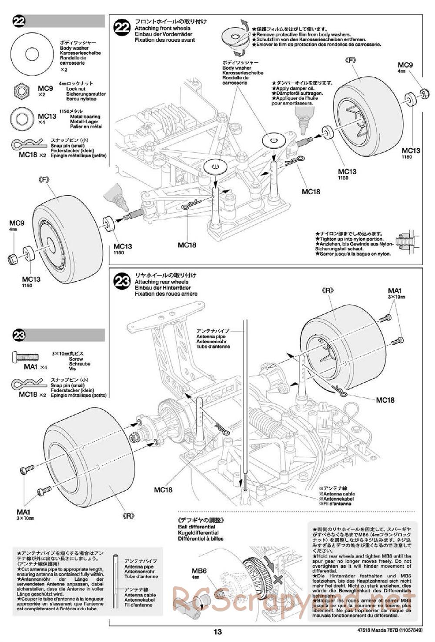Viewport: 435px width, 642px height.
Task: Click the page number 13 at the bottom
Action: [x=218, y=632]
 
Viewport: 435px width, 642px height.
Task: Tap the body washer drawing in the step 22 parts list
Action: [x=31, y=54]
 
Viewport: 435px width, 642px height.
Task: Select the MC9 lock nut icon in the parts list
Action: [x=21, y=90]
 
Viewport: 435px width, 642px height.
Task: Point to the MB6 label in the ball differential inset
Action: [x=199, y=571]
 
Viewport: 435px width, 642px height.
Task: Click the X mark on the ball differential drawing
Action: [x=278, y=579]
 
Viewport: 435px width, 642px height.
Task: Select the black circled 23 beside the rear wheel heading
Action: [x=121, y=282]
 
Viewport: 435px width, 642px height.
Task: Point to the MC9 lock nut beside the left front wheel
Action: [x=13, y=259]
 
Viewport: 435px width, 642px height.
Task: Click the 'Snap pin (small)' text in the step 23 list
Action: [x=67, y=385]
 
